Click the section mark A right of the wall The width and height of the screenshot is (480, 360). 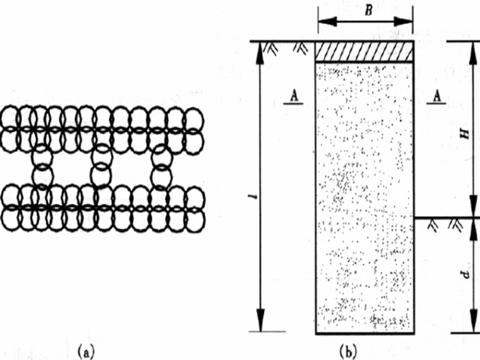(435, 95)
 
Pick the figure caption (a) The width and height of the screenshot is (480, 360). (86, 350)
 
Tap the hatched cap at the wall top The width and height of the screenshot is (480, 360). (364, 52)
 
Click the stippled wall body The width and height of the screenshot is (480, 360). (364, 196)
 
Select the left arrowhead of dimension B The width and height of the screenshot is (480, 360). (320, 22)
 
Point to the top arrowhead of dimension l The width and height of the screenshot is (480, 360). (258, 48)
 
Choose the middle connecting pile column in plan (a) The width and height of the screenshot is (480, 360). (101, 165)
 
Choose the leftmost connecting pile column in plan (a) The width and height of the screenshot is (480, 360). (41, 165)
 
